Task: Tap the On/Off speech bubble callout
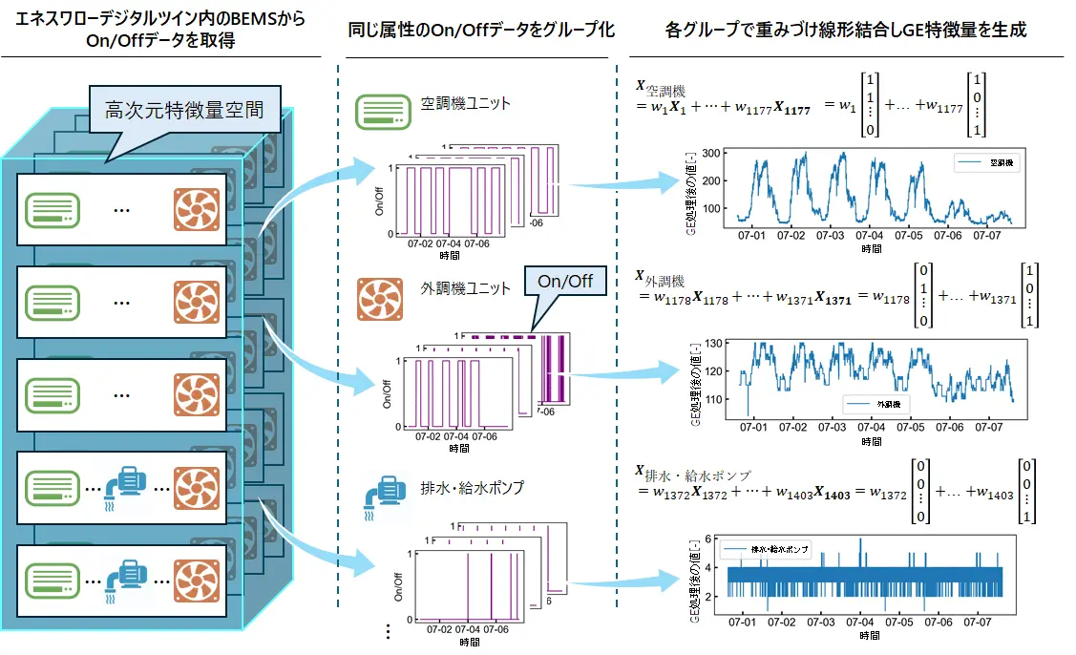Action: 564,281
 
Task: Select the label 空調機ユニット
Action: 466,104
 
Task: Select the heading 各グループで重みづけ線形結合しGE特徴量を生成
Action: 845,30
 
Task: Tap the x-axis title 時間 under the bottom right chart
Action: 870,635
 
